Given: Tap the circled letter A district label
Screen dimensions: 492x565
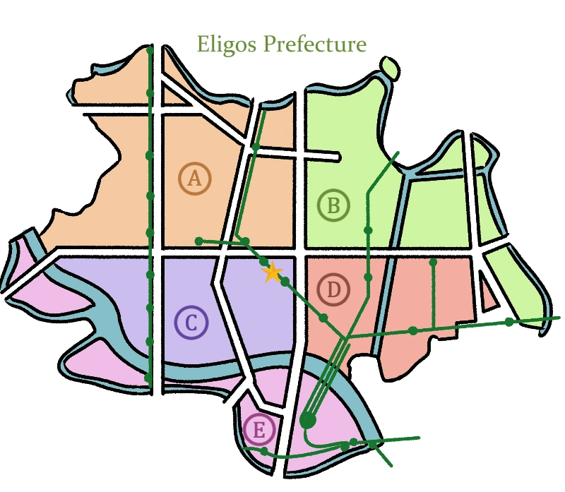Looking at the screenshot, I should (x=195, y=179).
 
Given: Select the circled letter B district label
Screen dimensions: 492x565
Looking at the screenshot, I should (x=333, y=205).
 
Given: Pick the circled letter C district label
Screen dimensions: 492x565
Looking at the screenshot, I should (x=191, y=323).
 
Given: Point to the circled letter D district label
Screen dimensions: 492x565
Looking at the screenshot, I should (x=333, y=289).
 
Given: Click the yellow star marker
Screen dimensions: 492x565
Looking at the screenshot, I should (x=272, y=272).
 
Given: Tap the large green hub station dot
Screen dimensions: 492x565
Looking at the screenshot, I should (x=307, y=421).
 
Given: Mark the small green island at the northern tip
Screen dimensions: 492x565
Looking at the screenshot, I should (x=387, y=66).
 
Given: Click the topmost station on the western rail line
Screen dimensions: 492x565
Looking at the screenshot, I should (x=150, y=52).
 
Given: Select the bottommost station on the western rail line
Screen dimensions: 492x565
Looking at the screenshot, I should (x=148, y=378).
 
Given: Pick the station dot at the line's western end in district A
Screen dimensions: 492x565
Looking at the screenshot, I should (x=199, y=241).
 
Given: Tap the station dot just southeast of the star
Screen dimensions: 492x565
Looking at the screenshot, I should (x=285, y=282).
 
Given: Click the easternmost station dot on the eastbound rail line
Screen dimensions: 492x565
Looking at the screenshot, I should (x=509, y=322).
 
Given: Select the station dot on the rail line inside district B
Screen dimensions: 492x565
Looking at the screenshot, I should (x=368, y=230).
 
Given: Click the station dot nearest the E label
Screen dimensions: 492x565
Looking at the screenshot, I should (x=264, y=451).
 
